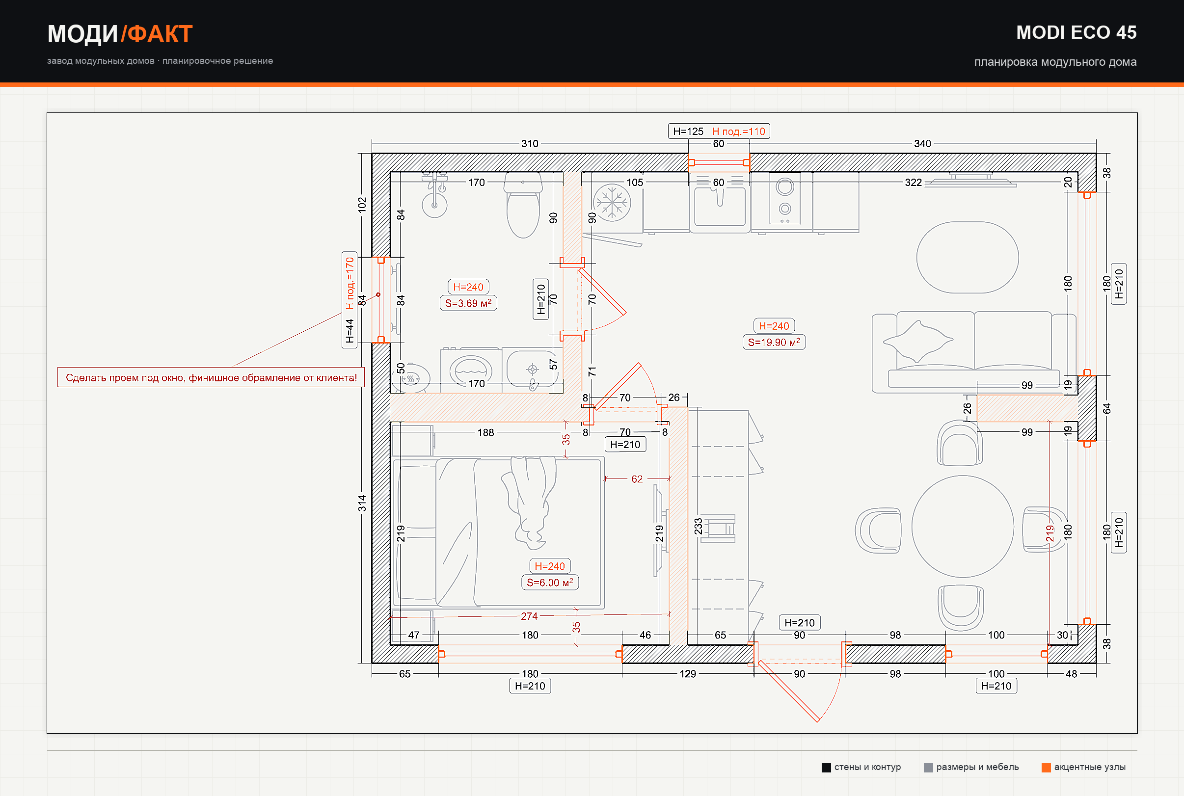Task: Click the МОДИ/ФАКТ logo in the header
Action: [x=120, y=34]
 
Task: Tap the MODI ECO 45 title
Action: [x=1076, y=32]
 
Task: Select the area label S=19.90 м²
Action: [x=774, y=342]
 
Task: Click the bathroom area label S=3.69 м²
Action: [x=468, y=303]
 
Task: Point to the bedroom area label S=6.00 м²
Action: [x=550, y=583]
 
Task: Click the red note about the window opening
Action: [x=211, y=378]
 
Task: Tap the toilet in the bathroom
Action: [x=523, y=206]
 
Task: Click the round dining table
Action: [x=963, y=527]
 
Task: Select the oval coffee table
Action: [x=967, y=257]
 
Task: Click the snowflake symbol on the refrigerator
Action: [x=612, y=203]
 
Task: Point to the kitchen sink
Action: [x=720, y=203]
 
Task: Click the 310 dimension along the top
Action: [x=530, y=144]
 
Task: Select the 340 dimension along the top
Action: [x=922, y=144]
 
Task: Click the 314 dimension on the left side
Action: [x=362, y=503]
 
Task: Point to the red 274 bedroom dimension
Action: [x=529, y=616]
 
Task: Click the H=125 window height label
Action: [x=688, y=132]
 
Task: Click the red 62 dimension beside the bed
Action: [x=637, y=479]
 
